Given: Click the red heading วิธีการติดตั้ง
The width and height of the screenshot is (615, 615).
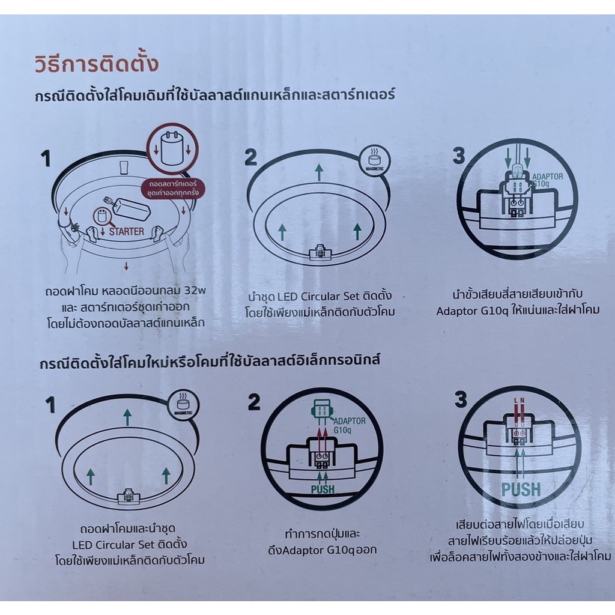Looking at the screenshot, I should point(96,64).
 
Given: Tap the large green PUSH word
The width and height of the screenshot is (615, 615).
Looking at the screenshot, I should point(521,488).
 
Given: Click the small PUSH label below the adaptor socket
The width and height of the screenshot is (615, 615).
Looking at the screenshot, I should point(323,489).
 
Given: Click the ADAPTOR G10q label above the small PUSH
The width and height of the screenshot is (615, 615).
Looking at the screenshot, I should point(348,425).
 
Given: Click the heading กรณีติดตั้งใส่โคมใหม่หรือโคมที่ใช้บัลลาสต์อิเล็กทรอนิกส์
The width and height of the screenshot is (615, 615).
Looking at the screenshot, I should point(210,362).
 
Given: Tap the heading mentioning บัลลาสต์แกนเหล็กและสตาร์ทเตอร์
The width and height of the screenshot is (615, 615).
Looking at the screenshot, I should point(216,94).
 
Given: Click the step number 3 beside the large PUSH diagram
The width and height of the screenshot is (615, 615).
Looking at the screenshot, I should point(461,399).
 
